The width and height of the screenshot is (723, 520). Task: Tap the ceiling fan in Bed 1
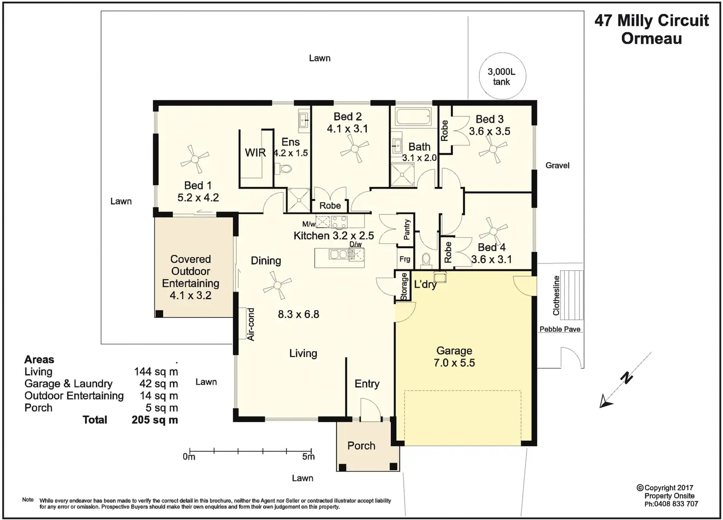click(195, 159)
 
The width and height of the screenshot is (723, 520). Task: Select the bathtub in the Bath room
click(413, 117)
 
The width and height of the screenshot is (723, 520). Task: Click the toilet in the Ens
click(283, 168)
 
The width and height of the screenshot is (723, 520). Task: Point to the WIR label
click(255, 153)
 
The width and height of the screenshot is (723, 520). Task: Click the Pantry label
click(407, 229)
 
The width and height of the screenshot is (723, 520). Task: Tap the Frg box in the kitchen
click(405, 259)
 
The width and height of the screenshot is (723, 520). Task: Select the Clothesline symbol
click(572, 295)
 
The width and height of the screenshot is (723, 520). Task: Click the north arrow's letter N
click(627, 378)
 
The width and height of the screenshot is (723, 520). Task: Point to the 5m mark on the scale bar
click(311, 451)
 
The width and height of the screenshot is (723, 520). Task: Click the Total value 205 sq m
click(155, 420)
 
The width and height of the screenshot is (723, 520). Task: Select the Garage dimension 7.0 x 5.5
click(454, 363)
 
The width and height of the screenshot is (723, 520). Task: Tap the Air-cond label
click(251, 324)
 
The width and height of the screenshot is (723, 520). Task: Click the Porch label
click(361, 446)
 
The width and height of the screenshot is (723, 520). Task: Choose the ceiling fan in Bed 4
click(493, 231)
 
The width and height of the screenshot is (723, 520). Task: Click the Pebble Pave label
click(560, 329)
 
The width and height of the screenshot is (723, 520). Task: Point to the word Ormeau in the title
click(651, 38)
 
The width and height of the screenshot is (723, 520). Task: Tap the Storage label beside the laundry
click(403, 287)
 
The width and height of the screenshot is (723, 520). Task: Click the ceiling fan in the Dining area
click(277, 286)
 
